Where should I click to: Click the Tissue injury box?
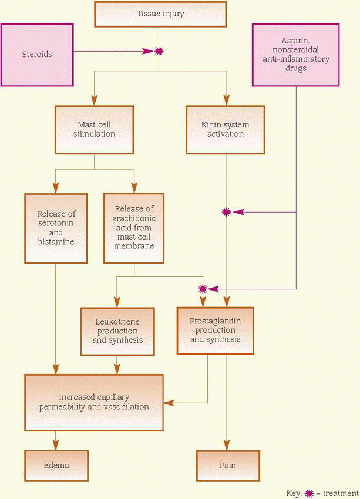pyautogui.click(x=160, y=14)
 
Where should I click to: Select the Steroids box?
pyautogui.click(x=38, y=55)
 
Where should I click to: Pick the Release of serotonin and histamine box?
pyautogui.click(x=56, y=228)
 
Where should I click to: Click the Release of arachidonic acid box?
pyautogui.click(x=134, y=227)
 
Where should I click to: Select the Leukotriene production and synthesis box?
pyautogui.click(x=117, y=331)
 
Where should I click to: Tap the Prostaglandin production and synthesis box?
pyautogui.click(x=215, y=331)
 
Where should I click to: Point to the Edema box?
pyautogui.click(x=56, y=466)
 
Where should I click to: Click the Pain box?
pyautogui.click(x=227, y=466)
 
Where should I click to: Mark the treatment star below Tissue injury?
pyautogui.click(x=159, y=52)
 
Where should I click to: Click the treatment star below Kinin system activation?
pyautogui.click(x=226, y=212)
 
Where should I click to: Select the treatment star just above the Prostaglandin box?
pyautogui.click(x=203, y=289)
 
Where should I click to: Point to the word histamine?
pyautogui.click(x=56, y=242)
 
